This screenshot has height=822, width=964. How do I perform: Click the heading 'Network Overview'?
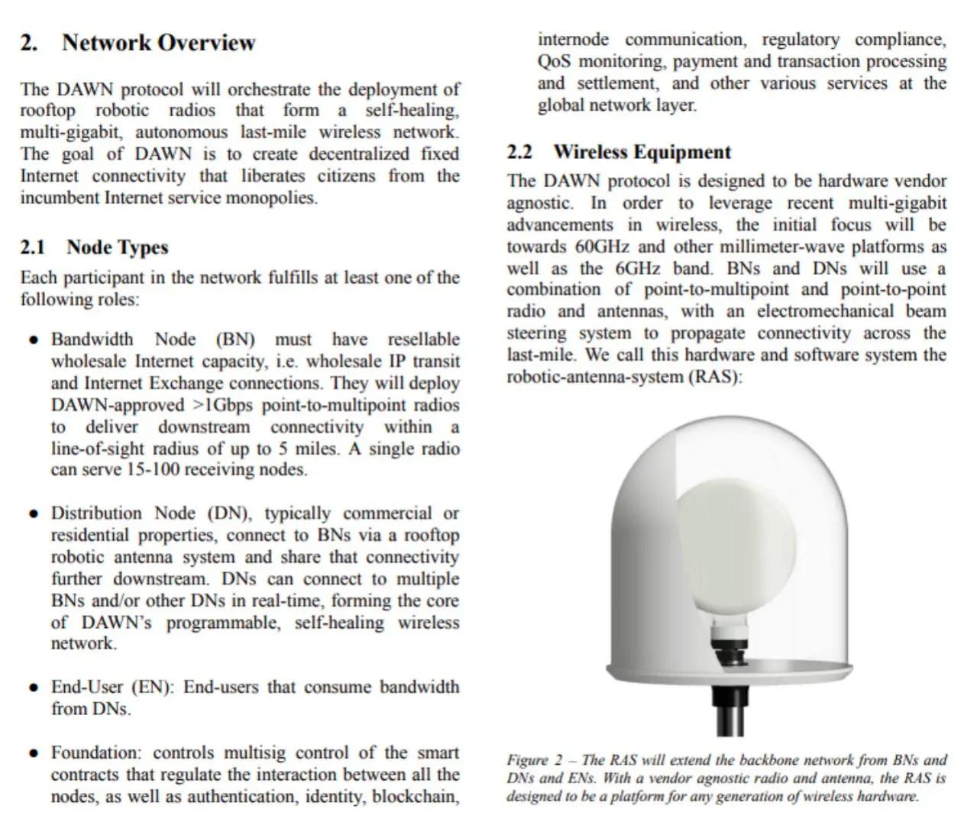click(158, 42)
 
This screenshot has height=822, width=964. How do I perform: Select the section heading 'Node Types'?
click(117, 247)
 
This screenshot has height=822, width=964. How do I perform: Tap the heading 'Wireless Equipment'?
click(642, 151)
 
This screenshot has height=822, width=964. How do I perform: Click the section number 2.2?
click(519, 151)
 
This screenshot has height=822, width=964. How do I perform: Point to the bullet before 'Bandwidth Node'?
click(33, 339)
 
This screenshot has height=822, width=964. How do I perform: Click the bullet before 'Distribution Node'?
click(33, 513)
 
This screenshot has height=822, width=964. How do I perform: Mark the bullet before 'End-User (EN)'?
click(33, 688)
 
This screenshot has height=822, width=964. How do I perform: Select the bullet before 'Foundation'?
click(33, 753)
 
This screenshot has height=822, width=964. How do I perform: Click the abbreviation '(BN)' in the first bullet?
click(235, 339)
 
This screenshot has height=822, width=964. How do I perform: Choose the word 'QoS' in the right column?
click(554, 61)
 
